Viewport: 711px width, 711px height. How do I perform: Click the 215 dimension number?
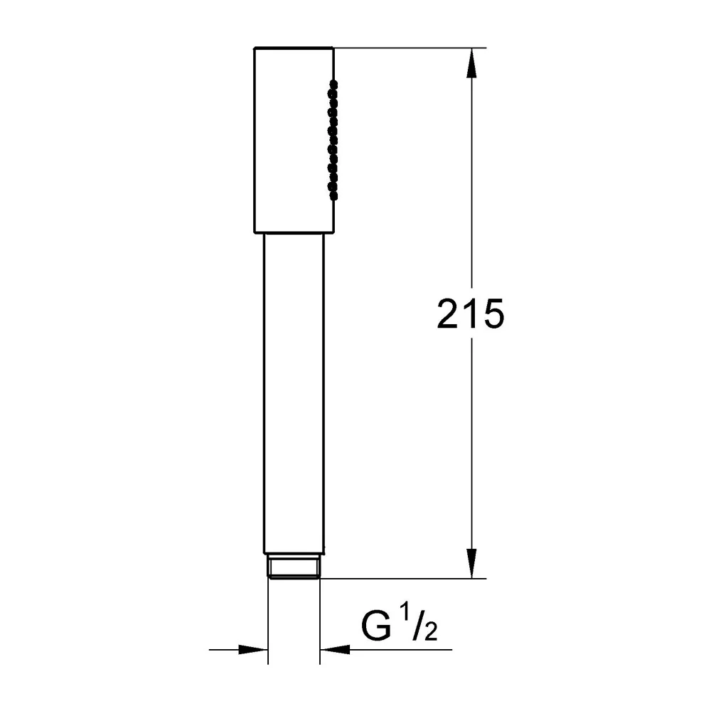(470, 314)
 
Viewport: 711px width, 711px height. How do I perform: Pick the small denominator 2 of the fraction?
(430, 632)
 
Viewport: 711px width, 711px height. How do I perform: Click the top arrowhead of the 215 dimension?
(471, 63)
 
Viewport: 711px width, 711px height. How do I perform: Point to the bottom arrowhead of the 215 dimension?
(471, 563)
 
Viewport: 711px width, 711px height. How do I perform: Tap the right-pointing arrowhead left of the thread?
(253, 649)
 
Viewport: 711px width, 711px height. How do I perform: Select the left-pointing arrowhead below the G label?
(335, 649)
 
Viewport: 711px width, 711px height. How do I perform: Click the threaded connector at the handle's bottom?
(294, 567)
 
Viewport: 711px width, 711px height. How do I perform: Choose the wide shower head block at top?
(294, 140)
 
